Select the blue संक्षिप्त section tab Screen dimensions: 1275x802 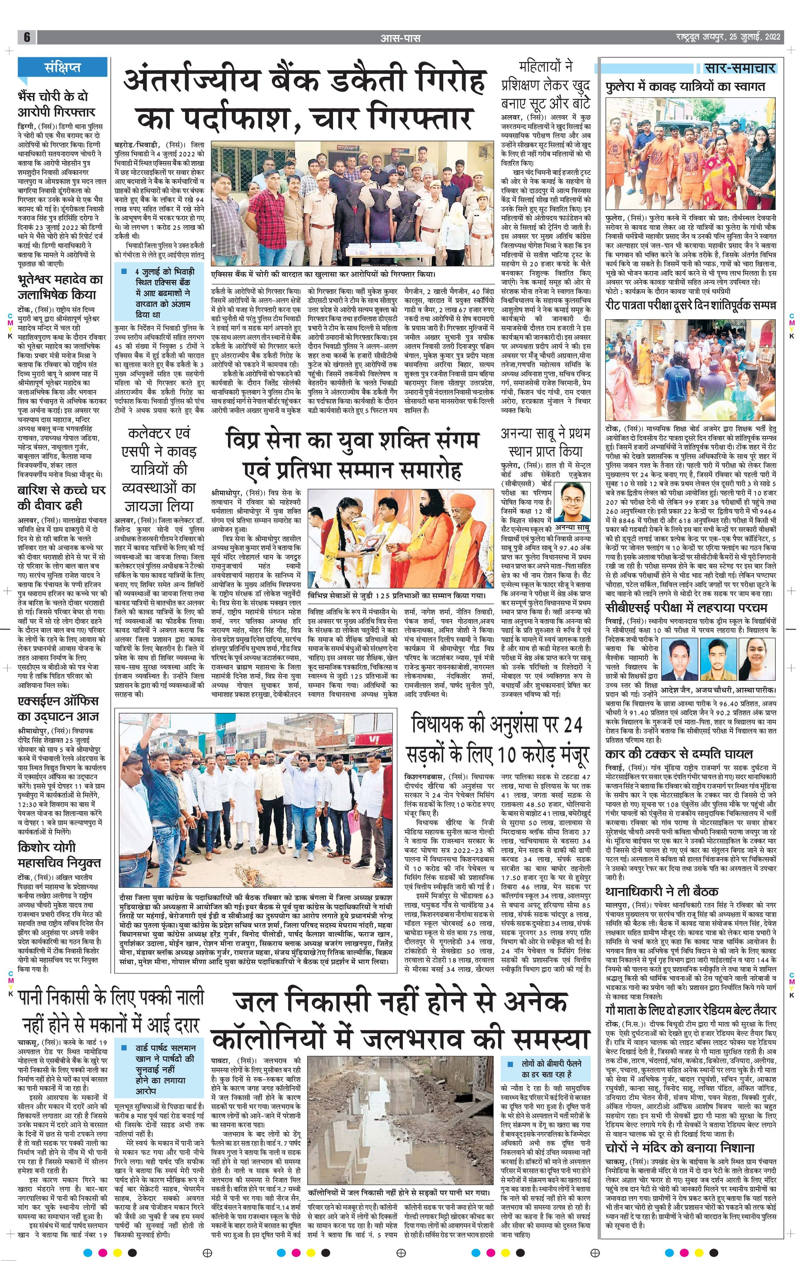(62, 68)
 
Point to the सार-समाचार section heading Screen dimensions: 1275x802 (740, 68)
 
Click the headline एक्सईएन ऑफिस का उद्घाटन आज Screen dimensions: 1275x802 (58, 708)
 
